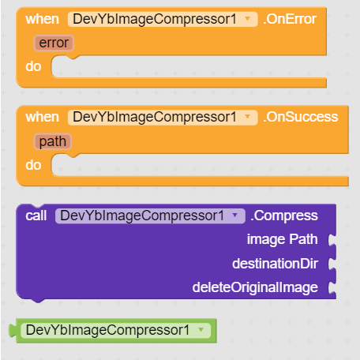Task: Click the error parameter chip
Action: point(54,43)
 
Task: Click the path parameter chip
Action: point(53,141)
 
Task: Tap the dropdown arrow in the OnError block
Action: point(247,19)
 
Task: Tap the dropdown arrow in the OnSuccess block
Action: point(247,117)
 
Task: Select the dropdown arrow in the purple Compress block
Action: point(235,216)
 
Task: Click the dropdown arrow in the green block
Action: point(201,330)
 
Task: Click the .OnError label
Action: point(290,19)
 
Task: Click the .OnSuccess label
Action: point(301,117)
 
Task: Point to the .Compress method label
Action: point(284,216)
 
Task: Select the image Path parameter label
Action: point(283,239)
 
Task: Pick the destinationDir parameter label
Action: point(275,264)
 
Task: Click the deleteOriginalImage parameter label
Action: point(255,287)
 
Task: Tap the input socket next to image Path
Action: point(332,239)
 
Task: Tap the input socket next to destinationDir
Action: point(332,264)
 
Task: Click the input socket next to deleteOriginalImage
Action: point(332,287)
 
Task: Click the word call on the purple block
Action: point(36,216)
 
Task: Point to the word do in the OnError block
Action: point(33,66)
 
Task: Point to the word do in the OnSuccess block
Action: point(33,165)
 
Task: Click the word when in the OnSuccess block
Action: point(42,117)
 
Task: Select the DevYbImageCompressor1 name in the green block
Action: point(107,330)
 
